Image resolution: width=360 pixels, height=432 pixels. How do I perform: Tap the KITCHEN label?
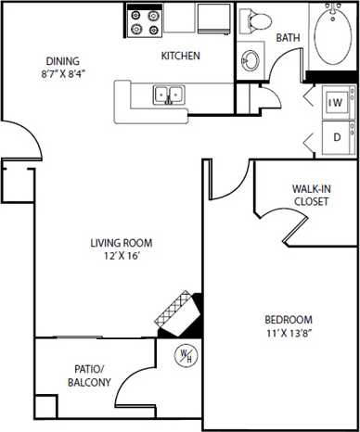180,57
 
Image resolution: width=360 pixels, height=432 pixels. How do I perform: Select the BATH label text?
288,38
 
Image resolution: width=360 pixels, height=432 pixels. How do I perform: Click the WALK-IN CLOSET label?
310,195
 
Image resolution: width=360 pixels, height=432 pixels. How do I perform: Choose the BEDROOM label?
288,319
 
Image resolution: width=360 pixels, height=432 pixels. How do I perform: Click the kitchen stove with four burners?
144,20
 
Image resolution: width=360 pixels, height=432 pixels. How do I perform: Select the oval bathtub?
333,35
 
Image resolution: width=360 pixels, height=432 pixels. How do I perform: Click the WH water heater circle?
186,355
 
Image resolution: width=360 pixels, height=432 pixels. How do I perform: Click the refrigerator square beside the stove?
214,18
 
